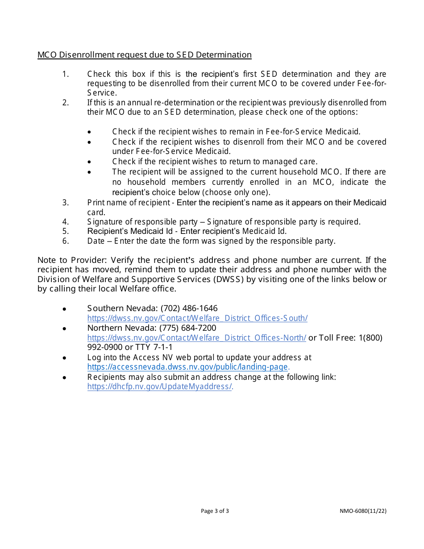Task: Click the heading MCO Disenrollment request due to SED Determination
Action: pyautogui.click(x=144, y=55)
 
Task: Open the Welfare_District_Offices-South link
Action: pyautogui.click(x=197, y=318)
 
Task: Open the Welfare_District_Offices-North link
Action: pyautogui.click(x=196, y=338)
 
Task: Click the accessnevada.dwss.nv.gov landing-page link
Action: pyautogui.click(x=188, y=367)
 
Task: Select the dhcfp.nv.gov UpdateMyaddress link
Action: pyautogui.click(x=159, y=387)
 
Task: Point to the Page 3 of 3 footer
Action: pyautogui.click(x=215, y=511)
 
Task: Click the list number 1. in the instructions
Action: pyautogui.click(x=66, y=74)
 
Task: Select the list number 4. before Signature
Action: pyautogui.click(x=66, y=222)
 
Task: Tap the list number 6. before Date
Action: pyautogui.click(x=66, y=241)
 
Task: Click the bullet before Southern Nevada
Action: pyautogui.click(x=65, y=309)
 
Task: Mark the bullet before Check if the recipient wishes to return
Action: pyautogui.click(x=90, y=162)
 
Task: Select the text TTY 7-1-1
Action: pyautogui.click(x=154, y=347)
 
